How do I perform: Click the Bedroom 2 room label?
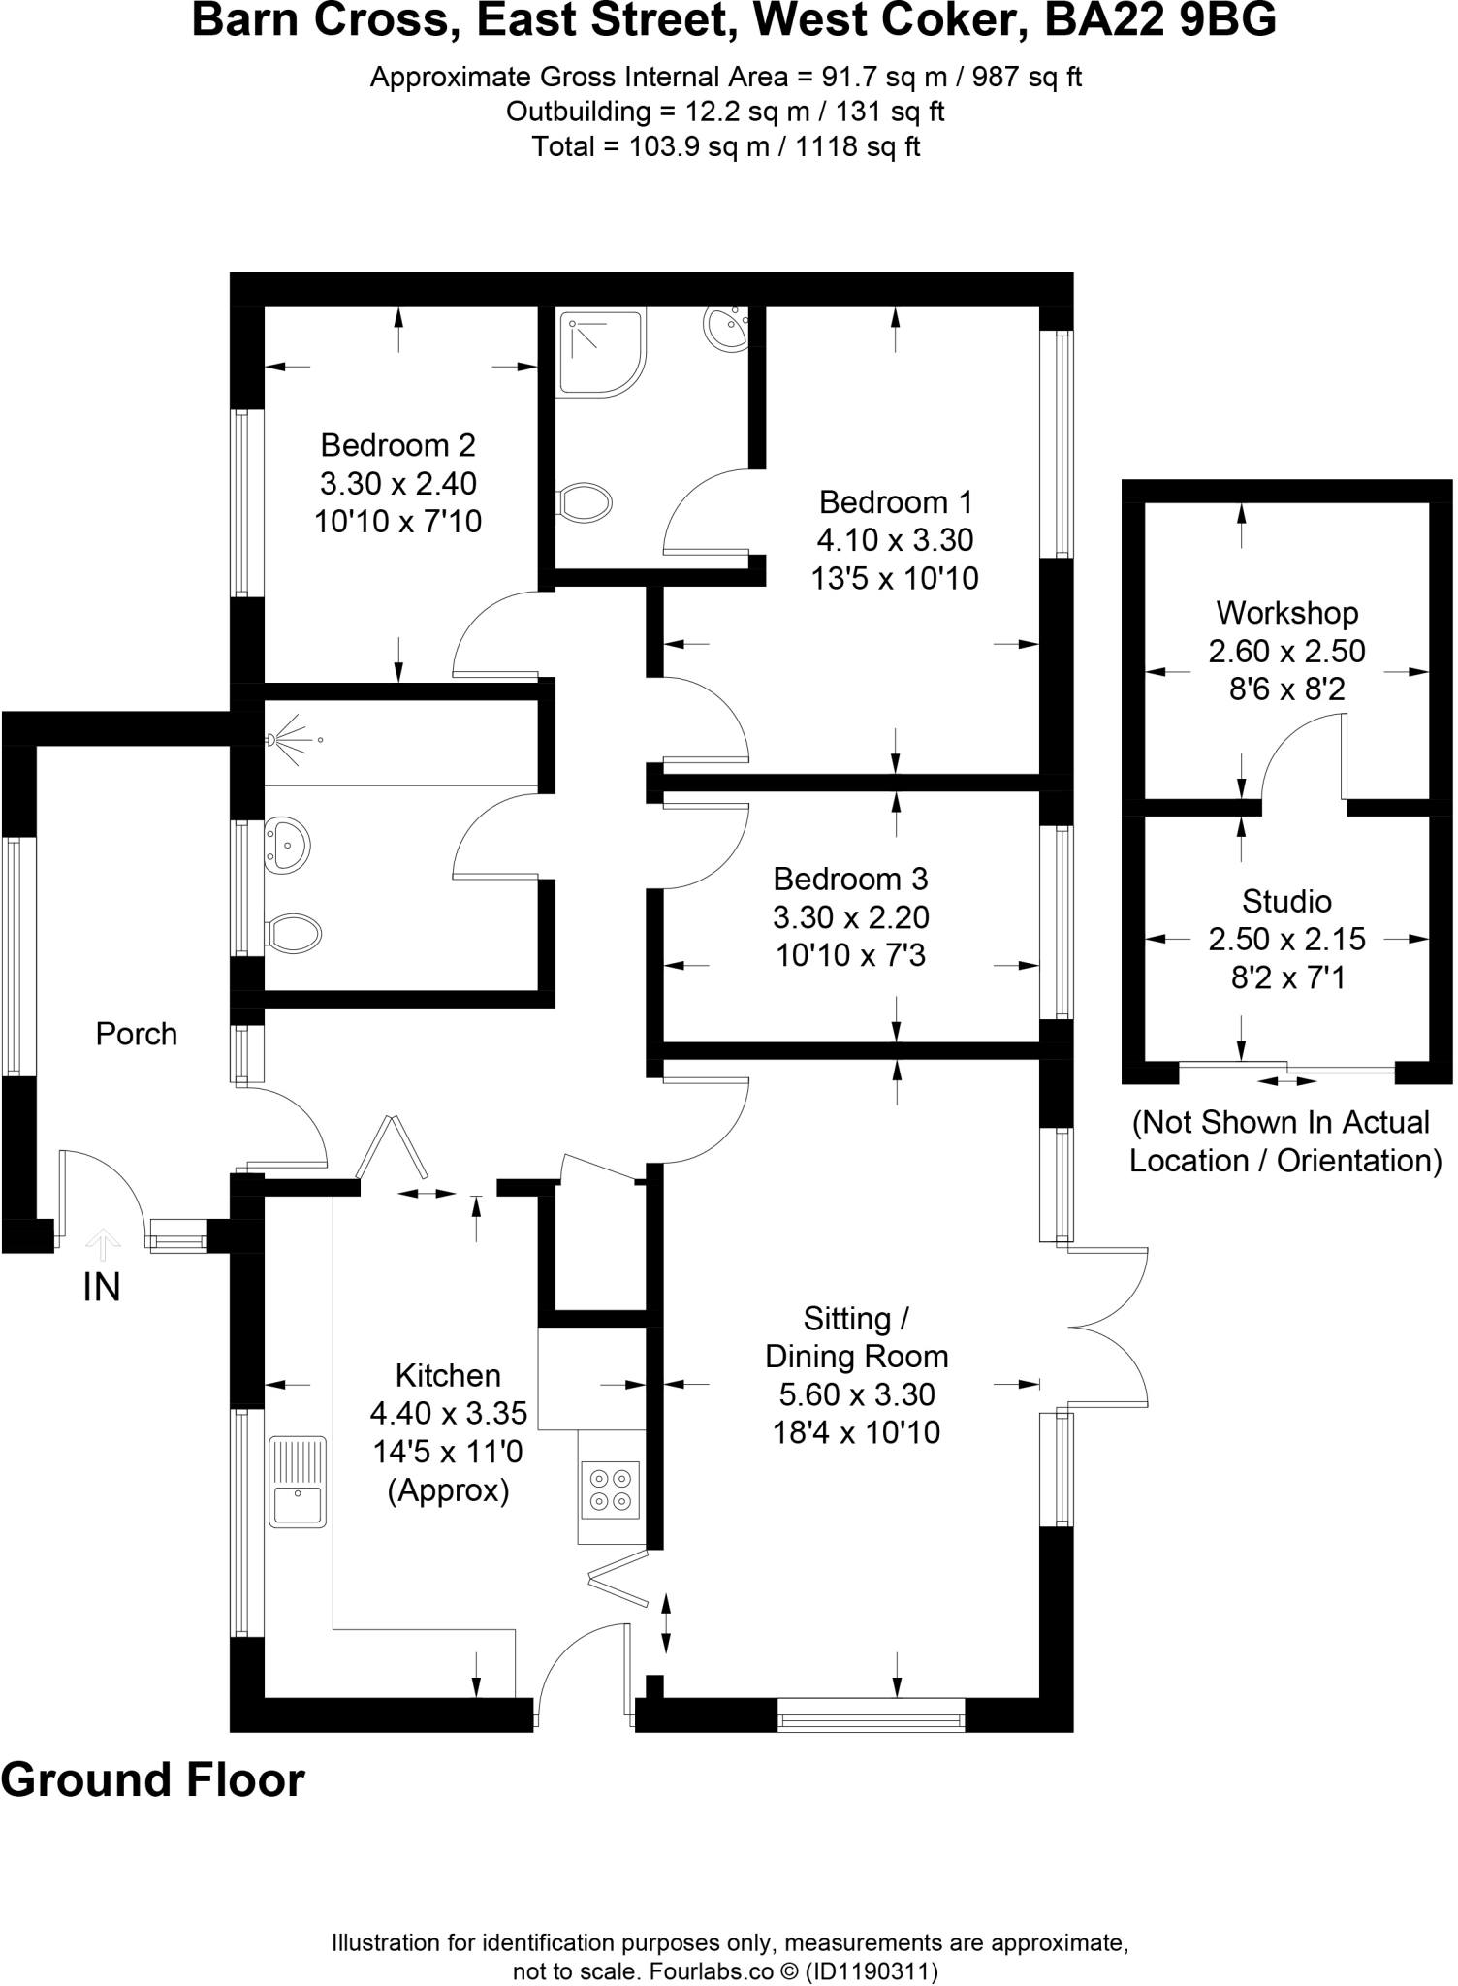397,445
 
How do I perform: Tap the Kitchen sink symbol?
297,1482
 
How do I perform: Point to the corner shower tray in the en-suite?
600,352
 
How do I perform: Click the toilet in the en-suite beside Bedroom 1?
585,502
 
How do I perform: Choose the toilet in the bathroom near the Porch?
294,934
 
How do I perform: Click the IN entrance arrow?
102,1243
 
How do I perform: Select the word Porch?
137,1034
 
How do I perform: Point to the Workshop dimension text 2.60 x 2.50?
1286,651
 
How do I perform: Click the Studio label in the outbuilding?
1286,901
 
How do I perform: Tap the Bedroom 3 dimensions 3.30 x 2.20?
850,916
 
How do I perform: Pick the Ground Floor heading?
153,1778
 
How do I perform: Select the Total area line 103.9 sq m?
726,146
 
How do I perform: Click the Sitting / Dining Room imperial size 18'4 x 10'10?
856,1431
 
